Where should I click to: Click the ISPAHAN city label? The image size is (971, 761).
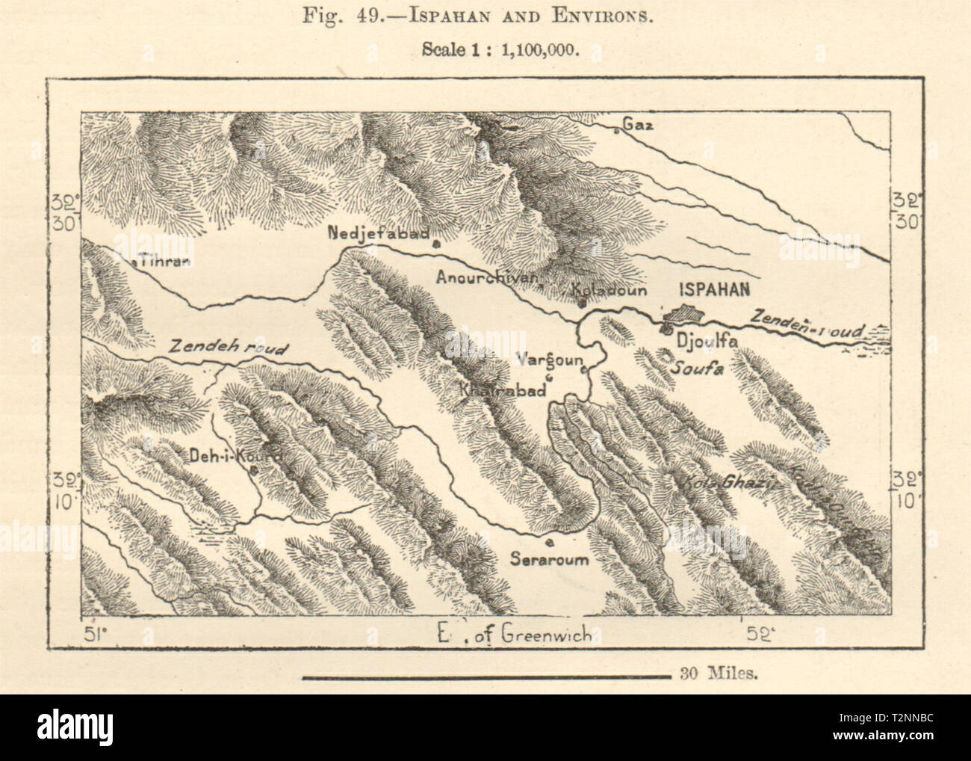[x=714, y=292]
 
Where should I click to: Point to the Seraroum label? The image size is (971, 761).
[x=550, y=558]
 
